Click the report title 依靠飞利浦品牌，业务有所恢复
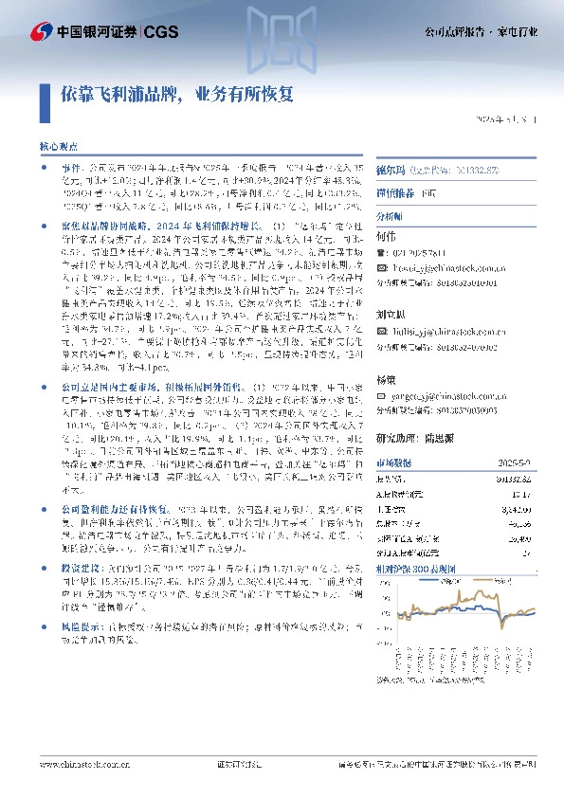click(x=177, y=96)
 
